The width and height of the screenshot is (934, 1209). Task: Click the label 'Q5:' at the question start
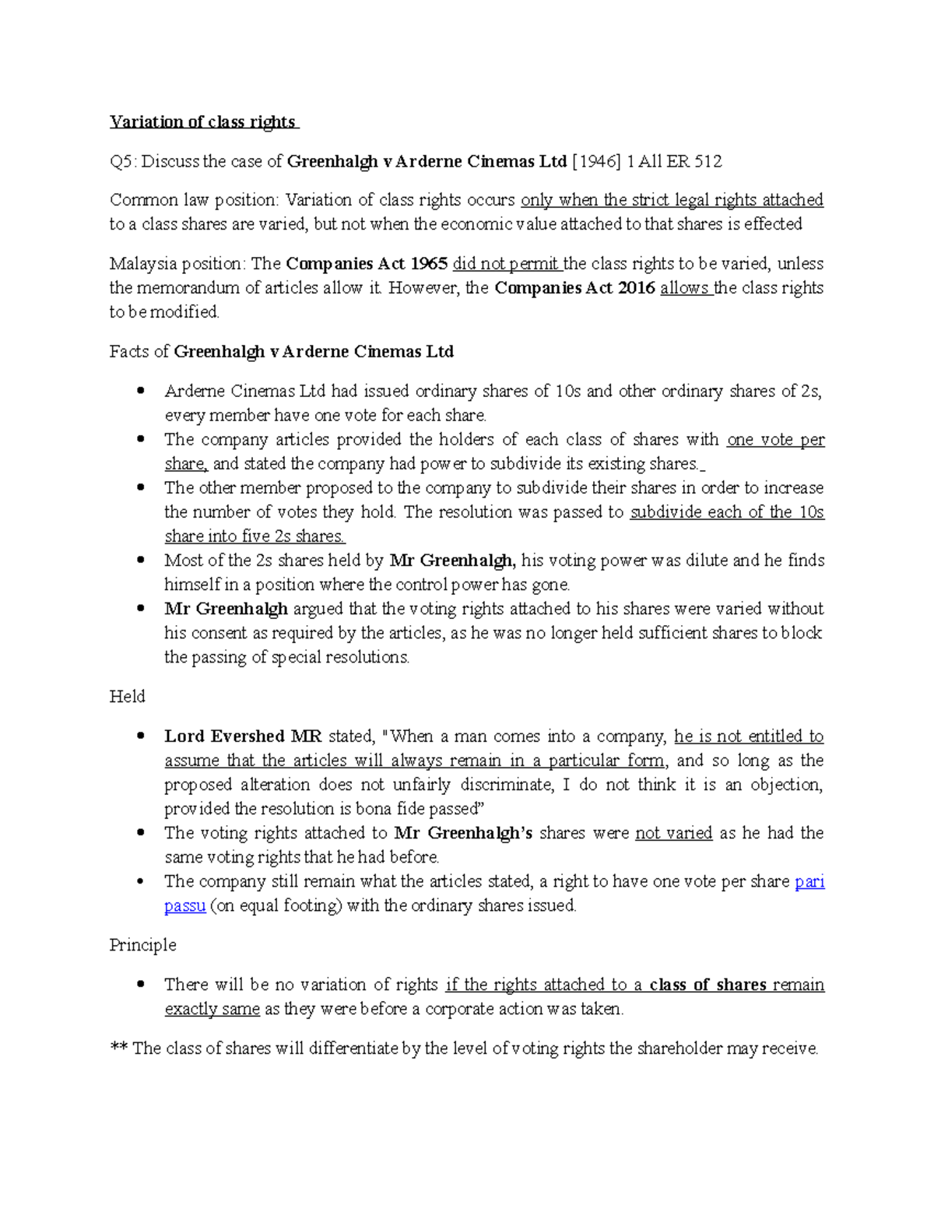tap(123, 162)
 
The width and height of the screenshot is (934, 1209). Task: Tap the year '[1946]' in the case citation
tap(596, 162)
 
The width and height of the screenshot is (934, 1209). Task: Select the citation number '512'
tap(708, 162)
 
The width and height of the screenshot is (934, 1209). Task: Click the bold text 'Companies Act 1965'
tap(367, 264)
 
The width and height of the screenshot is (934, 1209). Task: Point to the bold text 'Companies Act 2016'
tap(574, 288)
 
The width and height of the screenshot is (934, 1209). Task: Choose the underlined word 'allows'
tap(684, 288)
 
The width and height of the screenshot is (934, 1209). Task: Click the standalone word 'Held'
tap(127, 697)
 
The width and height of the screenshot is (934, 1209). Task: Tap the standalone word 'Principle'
tap(142, 945)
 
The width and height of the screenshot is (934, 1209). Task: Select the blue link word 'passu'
tap(184, 906)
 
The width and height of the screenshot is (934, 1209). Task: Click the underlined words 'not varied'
tap(673, 833)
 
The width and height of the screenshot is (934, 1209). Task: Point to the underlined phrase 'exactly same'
tap(212, 1009)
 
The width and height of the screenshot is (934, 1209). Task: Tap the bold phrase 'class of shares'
tap(708, 985)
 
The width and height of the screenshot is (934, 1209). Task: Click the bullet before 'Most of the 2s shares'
tap(141, 560)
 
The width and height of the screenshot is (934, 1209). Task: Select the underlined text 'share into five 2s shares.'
tap(255, 536)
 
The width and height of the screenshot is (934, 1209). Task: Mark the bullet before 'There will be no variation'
tap(141, 984)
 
